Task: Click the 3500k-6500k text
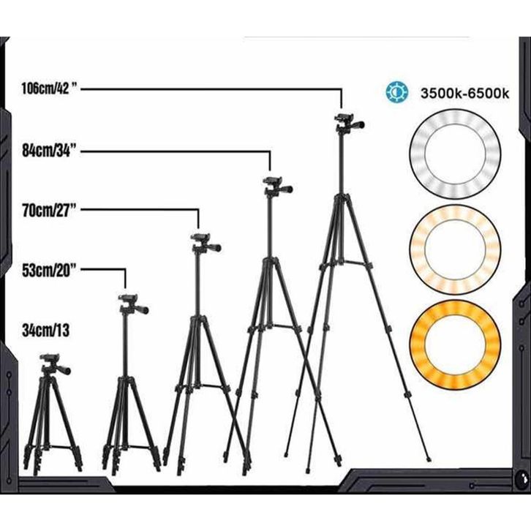click(x=464, y=94)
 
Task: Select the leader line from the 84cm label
click(x=183, y=152)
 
